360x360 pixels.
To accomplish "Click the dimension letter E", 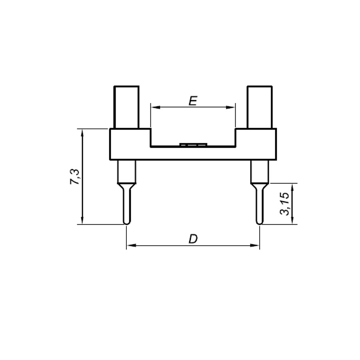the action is [193, 101].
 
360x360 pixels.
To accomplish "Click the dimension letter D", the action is [193, 239].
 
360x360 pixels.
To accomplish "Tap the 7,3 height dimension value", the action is [75, 177].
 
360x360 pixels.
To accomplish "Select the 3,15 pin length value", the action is [284, 204].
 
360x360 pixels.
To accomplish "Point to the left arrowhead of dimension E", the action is [156, 107].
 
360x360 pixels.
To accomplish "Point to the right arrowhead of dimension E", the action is [230, 107].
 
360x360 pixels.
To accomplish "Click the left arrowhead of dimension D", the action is [132, 246].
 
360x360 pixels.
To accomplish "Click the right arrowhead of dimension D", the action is [254, 246].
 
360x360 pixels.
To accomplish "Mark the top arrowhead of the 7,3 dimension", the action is [82, 134].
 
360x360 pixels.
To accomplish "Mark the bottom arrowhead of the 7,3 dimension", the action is [82, 219].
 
